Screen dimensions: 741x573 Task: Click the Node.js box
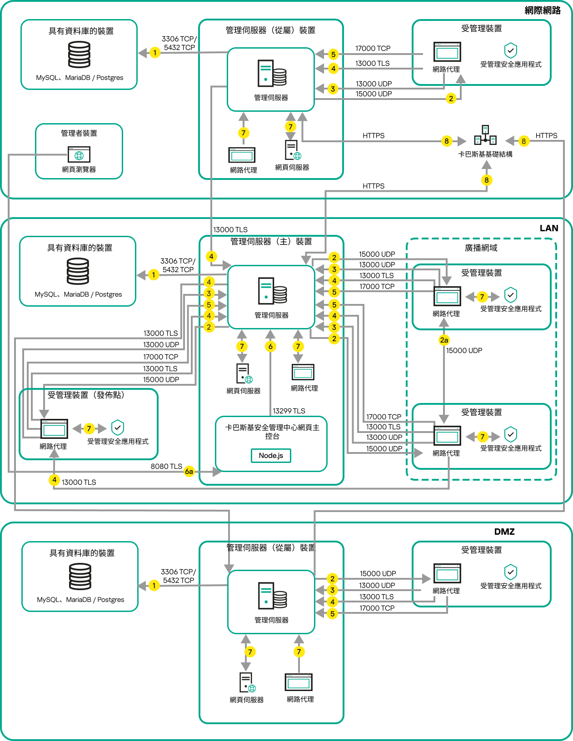pos(271,456)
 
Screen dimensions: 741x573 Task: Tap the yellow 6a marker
pos(189,472)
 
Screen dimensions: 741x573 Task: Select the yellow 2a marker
pos(444,340)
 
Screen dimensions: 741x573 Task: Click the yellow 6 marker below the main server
pos(270,347)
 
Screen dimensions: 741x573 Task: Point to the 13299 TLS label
pos(289,411)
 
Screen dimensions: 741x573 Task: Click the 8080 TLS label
pos(166,467)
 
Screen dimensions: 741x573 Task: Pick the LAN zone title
pos(548,229)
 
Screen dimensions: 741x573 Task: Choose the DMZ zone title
pos(504,532)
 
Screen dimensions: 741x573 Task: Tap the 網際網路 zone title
pos(542,10)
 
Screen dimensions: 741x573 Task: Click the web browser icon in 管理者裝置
pos(79,154)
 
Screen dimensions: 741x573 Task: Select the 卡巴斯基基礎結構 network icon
pos(485,136)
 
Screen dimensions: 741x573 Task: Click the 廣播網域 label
pos(481,248)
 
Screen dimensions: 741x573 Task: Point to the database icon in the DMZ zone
pos(80,577)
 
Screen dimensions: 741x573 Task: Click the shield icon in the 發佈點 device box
pos(118,428)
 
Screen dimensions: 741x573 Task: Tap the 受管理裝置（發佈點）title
pos(86,395)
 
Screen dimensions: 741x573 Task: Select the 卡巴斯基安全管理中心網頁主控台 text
pos(272,432)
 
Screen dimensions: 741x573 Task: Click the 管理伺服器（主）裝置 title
pos(271,242)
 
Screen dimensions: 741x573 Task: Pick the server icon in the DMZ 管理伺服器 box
pos(272,596)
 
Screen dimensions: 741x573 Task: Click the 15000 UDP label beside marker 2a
pos(464,351)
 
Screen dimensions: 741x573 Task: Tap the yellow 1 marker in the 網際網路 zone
pos(155,53)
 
